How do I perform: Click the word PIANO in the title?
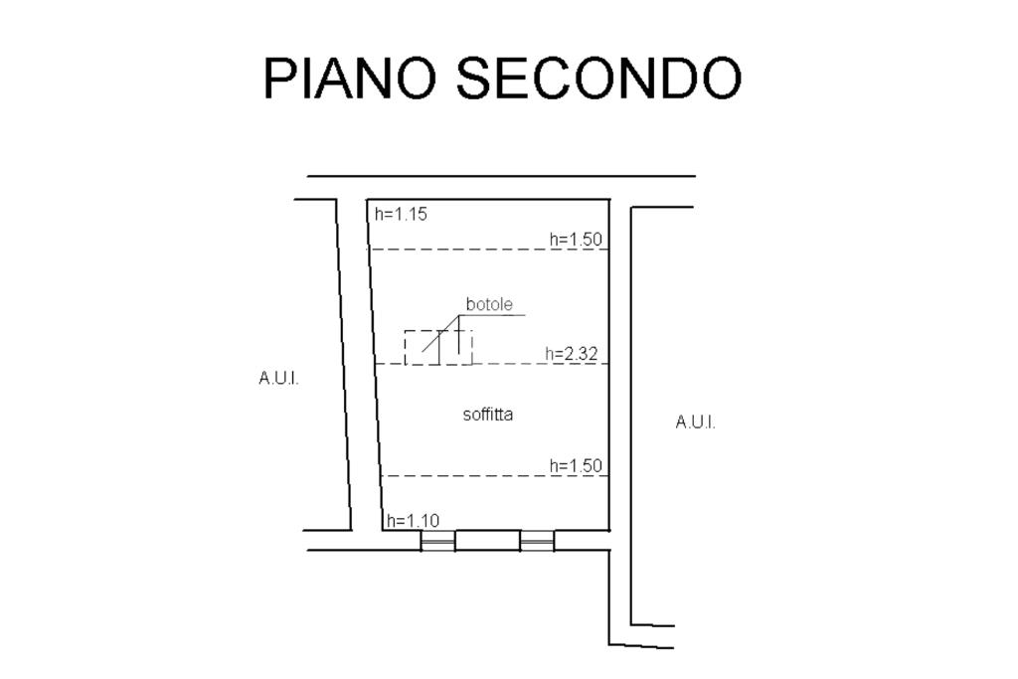349,78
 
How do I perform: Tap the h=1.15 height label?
401,214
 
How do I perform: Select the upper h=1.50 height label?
576,239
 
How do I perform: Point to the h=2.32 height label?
572,353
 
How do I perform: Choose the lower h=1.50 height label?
576,465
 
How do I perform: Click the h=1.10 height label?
412,520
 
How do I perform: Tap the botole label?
489,304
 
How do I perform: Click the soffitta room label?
488,414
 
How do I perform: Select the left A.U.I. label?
278,378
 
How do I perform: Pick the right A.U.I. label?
695,422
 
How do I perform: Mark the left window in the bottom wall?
437,541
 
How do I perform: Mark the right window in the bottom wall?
537,541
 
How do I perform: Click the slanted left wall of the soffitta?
375,368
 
